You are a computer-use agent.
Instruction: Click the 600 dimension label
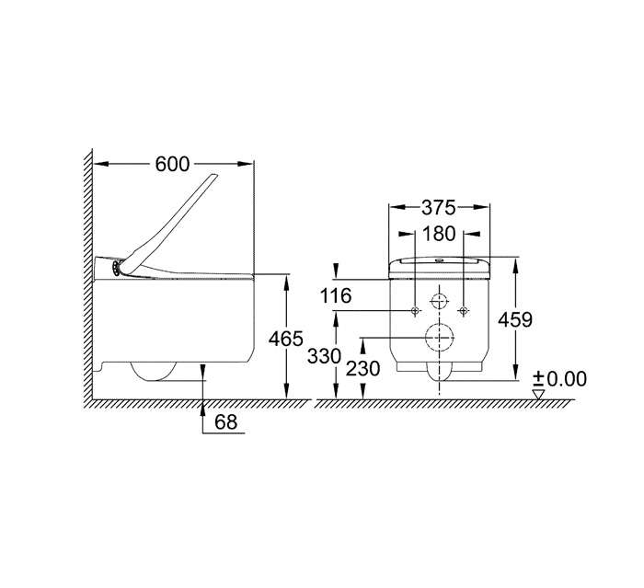(173, 165)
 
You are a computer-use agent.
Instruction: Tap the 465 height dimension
(286, 339)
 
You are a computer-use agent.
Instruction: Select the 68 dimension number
(226, 421)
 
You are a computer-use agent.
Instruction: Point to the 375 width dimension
(439, 208)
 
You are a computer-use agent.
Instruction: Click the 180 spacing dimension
(439, 234)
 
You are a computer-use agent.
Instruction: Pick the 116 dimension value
(336, 296)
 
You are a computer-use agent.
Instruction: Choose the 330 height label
(325, 356)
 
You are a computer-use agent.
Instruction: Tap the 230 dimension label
(362, 369)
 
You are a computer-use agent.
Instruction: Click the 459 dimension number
(515, 319)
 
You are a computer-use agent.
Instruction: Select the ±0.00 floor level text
(559, 379)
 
